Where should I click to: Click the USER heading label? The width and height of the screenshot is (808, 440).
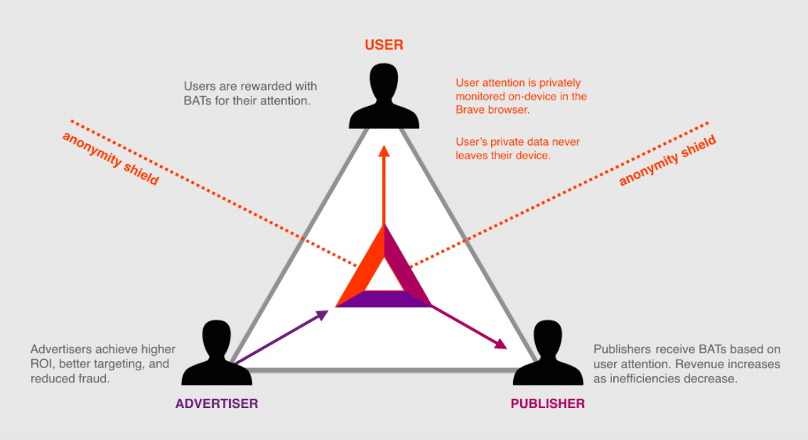coord(384,45)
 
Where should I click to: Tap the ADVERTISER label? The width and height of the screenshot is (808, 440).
coord(217,404)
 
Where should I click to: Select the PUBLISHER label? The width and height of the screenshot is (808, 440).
coord(547,404)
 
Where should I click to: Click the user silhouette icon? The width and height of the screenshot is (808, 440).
coord(384,96)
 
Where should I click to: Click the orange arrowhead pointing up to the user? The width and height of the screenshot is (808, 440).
coord(384,151)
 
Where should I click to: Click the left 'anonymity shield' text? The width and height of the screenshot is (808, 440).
coord(110,158)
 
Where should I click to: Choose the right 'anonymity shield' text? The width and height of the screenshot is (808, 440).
coord(667,161)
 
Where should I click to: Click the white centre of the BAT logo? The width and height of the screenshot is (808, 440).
coord(384,279)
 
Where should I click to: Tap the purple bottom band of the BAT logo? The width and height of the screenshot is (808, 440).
coord(384,299)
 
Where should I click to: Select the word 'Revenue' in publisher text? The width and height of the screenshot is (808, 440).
coord(699,364)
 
